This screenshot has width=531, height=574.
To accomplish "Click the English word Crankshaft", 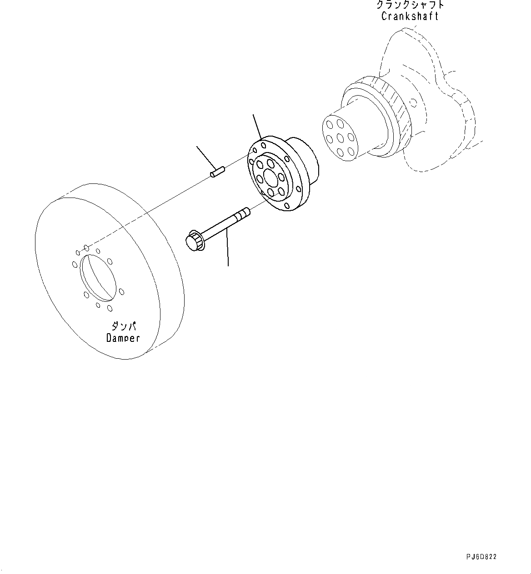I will pyautogui.click(x=410, y=16).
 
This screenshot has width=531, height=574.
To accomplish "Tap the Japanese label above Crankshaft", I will pyautogui.click(x=410, y=5).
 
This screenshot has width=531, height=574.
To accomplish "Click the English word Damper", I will pyautogui.click(x=123, y=338).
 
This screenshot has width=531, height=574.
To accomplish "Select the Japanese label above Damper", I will pyautogui.click(x=123, y=326).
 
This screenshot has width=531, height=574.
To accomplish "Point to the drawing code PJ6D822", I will pyautogui.click(x=481, y=557).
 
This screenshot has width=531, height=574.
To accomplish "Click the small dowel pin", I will pyautogui.click(x=218, y=173).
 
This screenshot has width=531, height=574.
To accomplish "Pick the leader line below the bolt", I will pyautogui.click(x=227, y=248).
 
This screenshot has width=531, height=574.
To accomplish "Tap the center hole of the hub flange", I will pyautogui.click(x=269, y=178).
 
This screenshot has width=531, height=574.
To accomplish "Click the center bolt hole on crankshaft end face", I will pyautogui.click(x=339, y=137).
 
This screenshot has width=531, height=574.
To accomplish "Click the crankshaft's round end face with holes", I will pyautogui.click(x=339, y=137).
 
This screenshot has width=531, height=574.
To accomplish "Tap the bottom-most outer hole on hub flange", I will pyautogui.click(x=286, y=207).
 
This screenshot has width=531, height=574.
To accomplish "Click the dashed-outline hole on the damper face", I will pyautogui.click(x=86, y=248).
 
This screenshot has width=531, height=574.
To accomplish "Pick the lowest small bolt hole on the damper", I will pyautogui.click(x=110, y=309).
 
